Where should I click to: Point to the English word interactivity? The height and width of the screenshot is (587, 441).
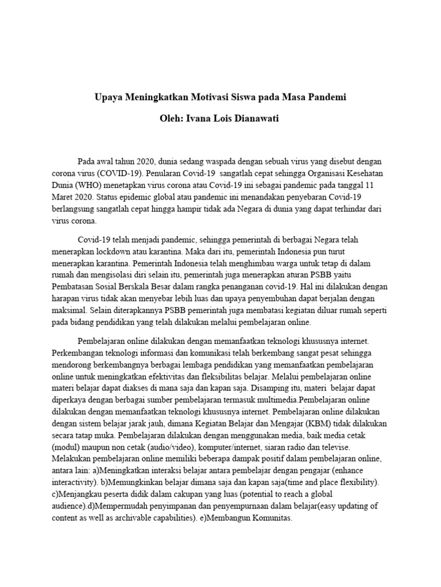click(x=73, y=484)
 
